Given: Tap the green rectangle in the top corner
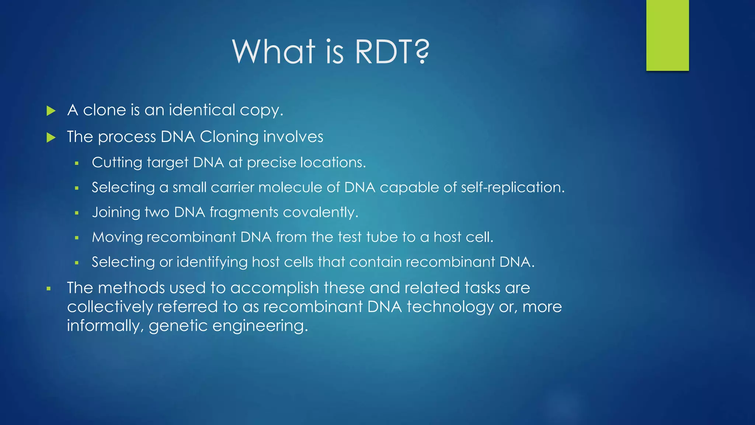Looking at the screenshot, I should (x=667, y=35).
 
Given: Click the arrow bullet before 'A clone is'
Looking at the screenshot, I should (x=51, y=111).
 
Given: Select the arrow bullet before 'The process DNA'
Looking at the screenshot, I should (x=51, y=138).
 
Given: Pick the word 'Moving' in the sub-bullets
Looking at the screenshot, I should (x=117, y=237).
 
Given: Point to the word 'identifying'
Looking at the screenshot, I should (x=212, y=262).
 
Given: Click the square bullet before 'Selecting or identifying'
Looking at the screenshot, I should (x=77, y=263).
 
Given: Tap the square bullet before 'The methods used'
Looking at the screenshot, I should (x=48, y=288).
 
